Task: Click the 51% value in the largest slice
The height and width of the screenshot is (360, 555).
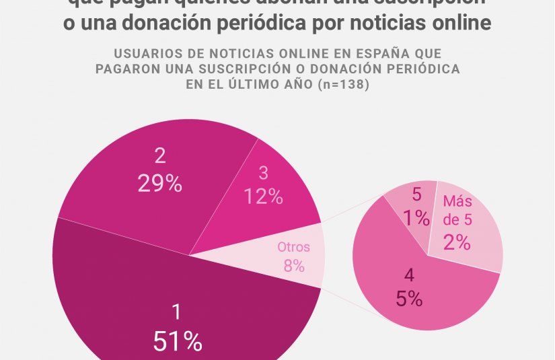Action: click(x=178, y=342)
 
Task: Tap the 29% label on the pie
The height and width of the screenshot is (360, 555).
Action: click(x=159, y=184)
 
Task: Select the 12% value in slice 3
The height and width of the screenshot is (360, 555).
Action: click(x=263, y=196)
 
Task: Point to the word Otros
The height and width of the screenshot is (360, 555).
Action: click(x=294, y=247)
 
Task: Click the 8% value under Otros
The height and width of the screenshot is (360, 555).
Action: click(x=294, y=266)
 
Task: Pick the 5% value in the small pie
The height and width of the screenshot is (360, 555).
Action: click(x=409, y=298)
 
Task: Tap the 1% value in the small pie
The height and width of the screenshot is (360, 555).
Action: click(x=416, y=217)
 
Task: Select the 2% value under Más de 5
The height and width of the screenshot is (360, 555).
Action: click(x=457, y=242)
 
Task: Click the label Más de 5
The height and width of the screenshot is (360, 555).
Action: click(x=457, y=211)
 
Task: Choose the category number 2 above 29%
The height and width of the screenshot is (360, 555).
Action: click(x=159, y=156)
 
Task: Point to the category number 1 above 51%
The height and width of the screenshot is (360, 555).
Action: click(x=177, y=312)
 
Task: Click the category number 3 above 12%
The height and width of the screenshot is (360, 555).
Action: click(x=263, y=173)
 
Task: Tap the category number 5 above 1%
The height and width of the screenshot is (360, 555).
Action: click(x=416, y=195)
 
